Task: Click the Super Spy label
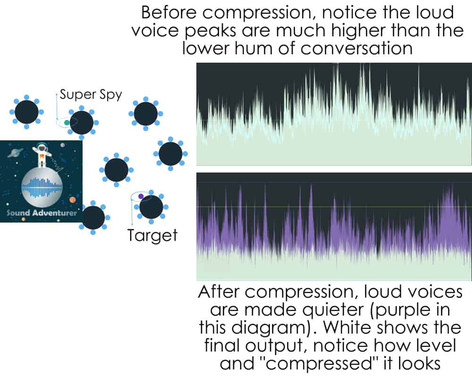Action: tap(91, 94)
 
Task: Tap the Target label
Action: tap(152, 235)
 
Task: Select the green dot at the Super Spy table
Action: tap(67, 122)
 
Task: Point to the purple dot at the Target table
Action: tap(141, 197)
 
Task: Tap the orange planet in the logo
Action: tap(73, 199)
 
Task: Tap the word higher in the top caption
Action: tap(378, 30)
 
